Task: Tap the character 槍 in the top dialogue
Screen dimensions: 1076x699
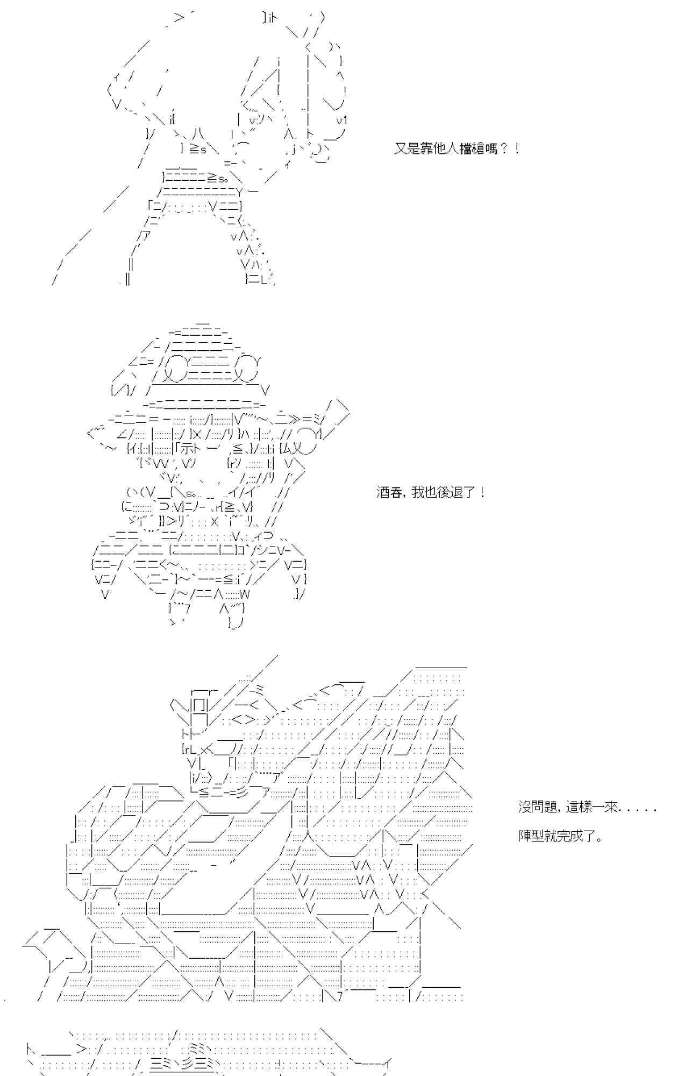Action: (x=479, y=148)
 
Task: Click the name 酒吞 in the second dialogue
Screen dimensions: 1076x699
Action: (x=389, y=492)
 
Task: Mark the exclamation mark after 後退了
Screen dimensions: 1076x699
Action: (x=482, y=492)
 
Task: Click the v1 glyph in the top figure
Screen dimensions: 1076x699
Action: (x=342, y=120)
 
